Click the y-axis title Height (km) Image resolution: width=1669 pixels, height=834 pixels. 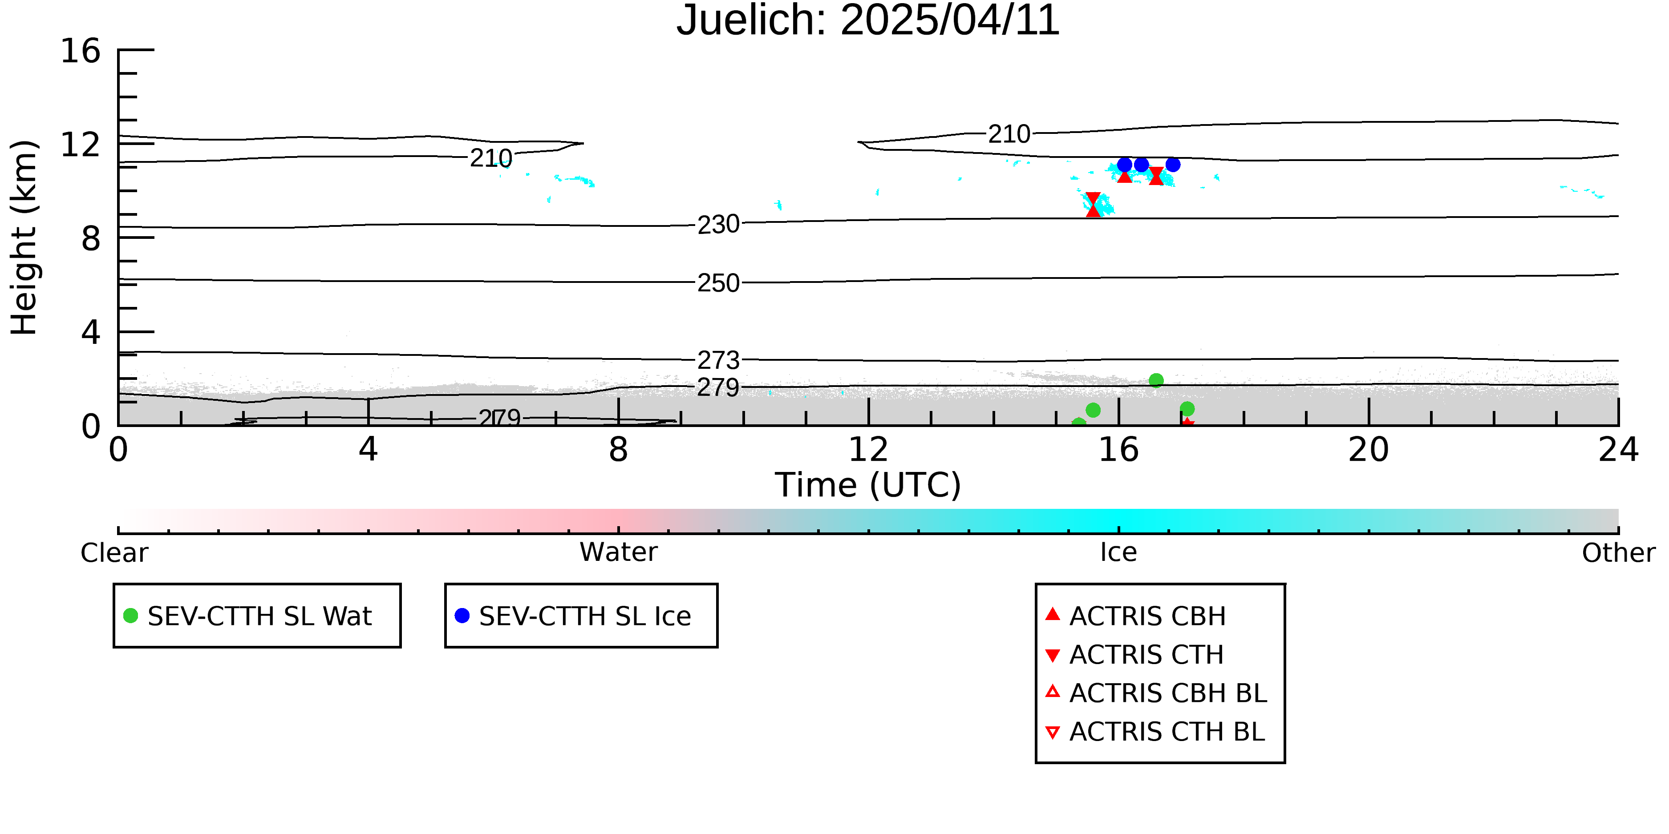click(24, 238)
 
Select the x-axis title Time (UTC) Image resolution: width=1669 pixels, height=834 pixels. click(867, 485)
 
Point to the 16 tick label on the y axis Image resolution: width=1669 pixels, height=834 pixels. click(81, 51)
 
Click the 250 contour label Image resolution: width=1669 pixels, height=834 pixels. click(718, 283)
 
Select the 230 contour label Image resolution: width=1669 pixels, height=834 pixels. click(718, 225)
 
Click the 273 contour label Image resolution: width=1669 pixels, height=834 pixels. click(718, 359)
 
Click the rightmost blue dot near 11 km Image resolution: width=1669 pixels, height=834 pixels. click(1173, 165)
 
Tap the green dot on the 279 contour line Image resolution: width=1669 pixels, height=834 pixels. click(1156, 380)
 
